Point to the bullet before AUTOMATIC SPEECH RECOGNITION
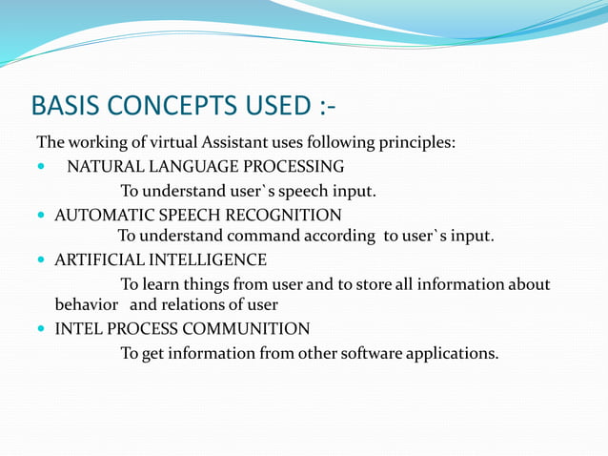pos(40,216)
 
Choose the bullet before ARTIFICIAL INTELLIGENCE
pos(40,260)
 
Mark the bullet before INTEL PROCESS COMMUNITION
pos(40,330)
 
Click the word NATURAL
pos(101,167)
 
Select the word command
pos(251,236)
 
